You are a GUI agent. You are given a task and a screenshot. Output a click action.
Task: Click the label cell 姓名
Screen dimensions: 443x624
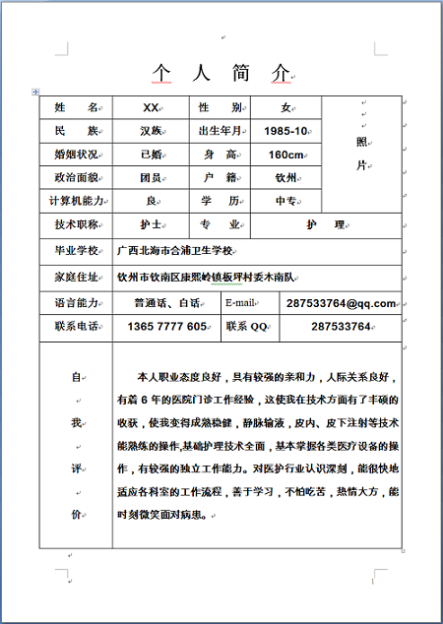76,106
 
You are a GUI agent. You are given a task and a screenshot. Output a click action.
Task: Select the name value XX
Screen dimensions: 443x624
151,106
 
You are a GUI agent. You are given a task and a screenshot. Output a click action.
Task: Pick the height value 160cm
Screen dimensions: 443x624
286,155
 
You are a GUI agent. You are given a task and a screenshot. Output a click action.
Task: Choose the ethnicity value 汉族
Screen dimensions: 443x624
151,131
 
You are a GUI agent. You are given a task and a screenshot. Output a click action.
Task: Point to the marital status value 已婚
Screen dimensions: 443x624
151,155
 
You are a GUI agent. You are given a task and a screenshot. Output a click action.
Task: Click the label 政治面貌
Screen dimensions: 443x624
76,178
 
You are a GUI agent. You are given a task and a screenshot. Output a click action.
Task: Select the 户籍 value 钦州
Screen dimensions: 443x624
286,178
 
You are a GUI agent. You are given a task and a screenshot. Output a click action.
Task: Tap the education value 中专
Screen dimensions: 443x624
286,201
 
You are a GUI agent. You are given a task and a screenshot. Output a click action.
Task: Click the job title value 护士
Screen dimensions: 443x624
151,225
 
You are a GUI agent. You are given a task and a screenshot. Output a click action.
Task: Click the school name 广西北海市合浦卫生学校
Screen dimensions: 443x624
175,251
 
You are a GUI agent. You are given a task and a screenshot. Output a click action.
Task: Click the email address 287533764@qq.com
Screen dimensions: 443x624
341,303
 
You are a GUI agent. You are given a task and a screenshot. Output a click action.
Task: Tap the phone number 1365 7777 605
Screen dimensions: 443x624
167,327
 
